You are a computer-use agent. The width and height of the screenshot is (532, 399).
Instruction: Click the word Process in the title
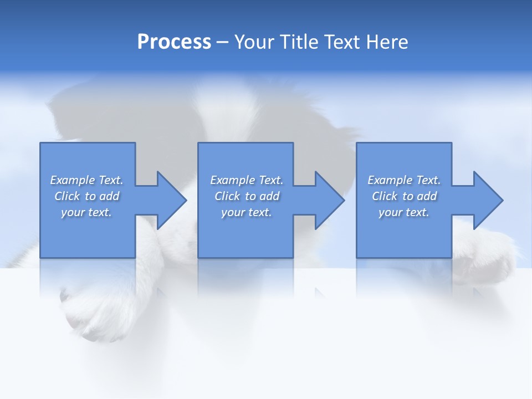point(174,42)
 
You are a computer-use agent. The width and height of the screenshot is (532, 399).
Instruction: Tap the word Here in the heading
point(386,42)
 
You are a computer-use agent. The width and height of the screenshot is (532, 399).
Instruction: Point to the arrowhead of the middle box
point(329,200)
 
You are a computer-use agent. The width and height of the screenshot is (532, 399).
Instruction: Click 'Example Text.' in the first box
point(86,180)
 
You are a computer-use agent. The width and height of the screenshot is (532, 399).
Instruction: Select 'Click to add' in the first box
point(86,196)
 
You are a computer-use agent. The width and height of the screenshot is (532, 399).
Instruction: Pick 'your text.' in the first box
point(86,212)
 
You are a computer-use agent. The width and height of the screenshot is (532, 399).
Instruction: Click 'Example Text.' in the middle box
point(247,180)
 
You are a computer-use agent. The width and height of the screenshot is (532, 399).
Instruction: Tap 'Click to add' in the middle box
point(247,196)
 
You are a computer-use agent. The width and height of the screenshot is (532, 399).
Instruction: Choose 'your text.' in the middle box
point(247,212)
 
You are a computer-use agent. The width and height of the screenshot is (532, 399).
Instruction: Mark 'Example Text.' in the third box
point(404,180)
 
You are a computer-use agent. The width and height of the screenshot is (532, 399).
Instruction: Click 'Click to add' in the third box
point(404,196)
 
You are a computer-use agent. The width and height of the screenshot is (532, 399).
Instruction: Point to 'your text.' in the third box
point(404,212)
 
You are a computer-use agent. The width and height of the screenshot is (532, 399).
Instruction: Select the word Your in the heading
point(254,42)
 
